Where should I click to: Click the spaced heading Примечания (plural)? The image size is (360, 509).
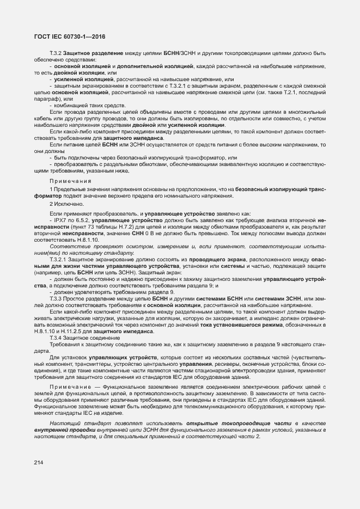70,180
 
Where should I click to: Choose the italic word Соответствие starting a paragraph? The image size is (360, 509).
67,247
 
